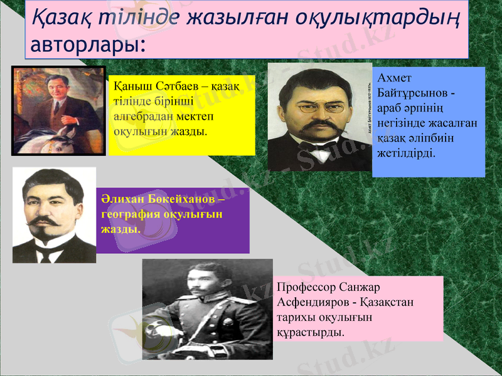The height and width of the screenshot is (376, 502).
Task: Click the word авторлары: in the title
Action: click(88, 45)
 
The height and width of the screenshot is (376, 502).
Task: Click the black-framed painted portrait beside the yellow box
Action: click(58, 110)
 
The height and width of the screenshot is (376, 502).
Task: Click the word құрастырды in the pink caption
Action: click(311, 332)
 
